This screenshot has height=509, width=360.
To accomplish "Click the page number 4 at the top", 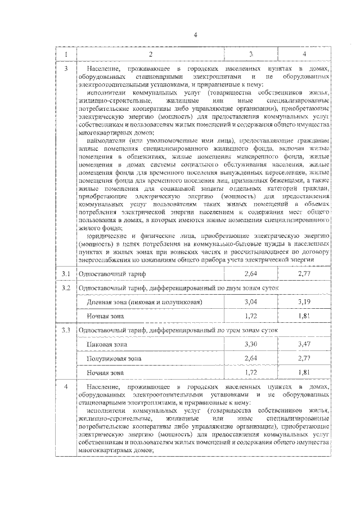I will (195, 35).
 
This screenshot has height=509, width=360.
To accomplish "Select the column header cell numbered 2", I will (150, 54).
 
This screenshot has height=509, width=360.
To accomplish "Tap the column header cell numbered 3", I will (250, 54).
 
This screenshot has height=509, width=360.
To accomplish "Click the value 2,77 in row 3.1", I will (303, 274).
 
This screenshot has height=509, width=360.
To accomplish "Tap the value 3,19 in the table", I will (303, 302).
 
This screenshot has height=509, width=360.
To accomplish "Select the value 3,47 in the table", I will (303, 344).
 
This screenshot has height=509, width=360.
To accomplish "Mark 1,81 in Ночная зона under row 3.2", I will (303, 316).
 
